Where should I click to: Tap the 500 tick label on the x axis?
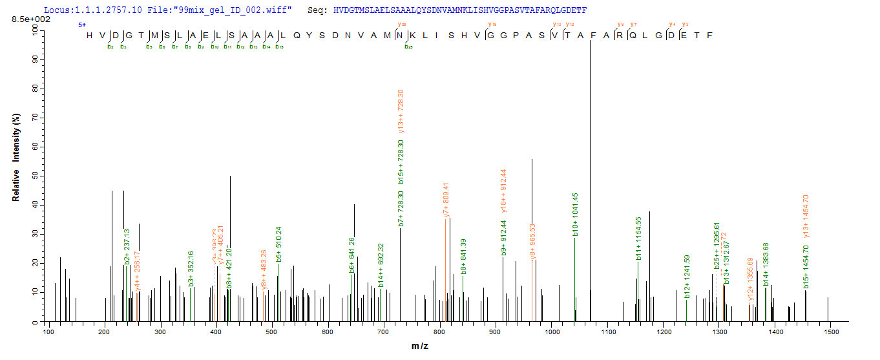coord(272,332)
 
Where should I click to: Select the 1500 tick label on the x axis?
coord(832,332)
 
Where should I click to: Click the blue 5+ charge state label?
coord(82,25)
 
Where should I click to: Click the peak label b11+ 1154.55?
coord(638,238)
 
